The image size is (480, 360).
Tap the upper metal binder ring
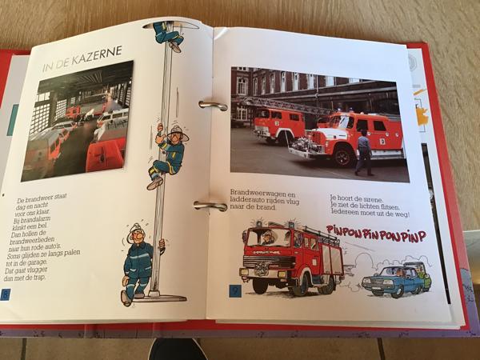pos(212,105)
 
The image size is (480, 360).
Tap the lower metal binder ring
pos(210,206)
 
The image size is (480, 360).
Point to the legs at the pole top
pos(169,33)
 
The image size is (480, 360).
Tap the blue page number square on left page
pos(6,294)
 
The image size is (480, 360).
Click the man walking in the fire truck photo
pos(364,153)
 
